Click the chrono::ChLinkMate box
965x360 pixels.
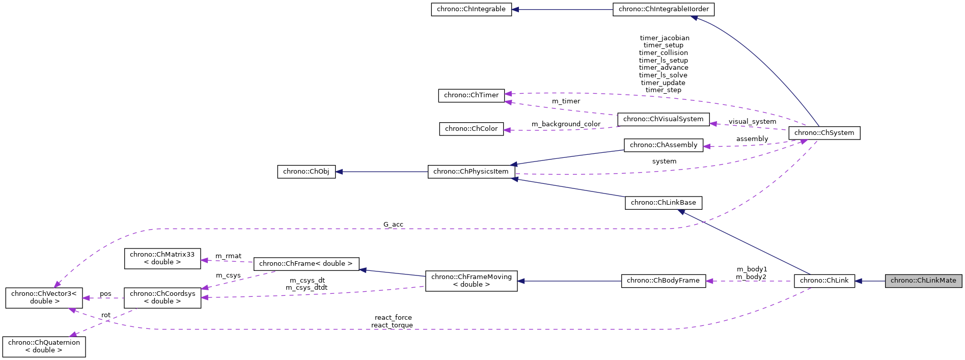click(x=923, y=281)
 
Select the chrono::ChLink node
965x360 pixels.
click(x=824, y=281)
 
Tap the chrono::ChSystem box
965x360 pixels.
click(x=824, y=133)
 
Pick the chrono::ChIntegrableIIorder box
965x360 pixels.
click(x=664, y=9)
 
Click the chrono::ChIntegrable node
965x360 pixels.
click(x=471, y=9)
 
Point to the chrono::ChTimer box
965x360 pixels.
click(x=471, y=95)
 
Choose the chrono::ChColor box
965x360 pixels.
click(x=471, y=129)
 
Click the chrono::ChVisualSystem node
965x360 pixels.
click(x=663, y=119)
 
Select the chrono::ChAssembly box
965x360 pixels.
click(x=664, y=145)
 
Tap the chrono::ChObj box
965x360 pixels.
click(x=306, y=172)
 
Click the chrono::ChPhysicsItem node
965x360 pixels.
click(x=471, y=172)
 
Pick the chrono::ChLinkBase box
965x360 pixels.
click(x=663, y=203)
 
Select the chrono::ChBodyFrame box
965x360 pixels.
click(x=663, y=281)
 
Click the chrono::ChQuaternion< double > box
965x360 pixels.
click(x=44, y=346)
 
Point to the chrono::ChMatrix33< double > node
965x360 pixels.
click(x=162, y=258)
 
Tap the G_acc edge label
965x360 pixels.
click(x=393, y=225)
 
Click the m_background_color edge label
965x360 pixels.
click(x=566, y=124)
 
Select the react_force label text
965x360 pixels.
click(x=393, y=318)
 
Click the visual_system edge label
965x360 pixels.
click(x=752, y=122)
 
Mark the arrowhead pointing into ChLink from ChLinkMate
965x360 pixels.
click(x=859, y=281)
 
